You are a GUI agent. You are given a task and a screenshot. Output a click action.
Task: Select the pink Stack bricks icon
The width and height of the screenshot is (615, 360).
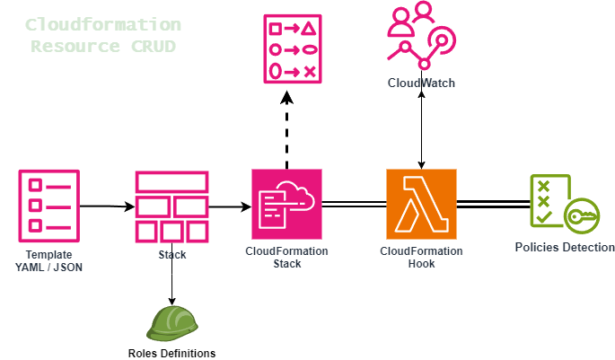click(171, 206)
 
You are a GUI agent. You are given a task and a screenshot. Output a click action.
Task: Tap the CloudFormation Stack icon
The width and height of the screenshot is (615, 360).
click(286, 206)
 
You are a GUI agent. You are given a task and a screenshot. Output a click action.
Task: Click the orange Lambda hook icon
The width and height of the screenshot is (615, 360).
click(421, 205)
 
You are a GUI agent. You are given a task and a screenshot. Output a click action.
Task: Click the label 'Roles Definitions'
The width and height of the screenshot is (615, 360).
click(171, 353)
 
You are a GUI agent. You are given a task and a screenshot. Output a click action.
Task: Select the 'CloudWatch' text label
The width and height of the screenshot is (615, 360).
click(421, 83)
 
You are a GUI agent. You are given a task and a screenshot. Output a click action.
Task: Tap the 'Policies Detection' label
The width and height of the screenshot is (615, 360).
click(565, 248)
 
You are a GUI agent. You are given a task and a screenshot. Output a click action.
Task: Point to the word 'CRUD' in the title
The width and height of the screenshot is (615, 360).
click(152, 45)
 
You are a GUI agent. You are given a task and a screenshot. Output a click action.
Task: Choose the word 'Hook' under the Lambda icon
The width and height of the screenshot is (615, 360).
click(421, 264)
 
